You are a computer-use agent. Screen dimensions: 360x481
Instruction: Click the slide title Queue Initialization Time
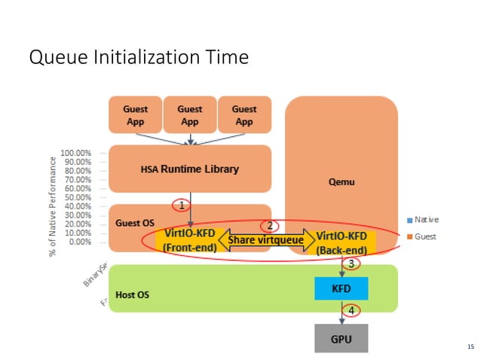pos(138,57)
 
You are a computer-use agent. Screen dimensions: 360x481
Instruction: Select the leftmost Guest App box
pos(135,115)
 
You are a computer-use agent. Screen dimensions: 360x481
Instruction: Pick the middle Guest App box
pos(189,115)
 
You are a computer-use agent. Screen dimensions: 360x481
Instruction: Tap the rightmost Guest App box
pos(244,115)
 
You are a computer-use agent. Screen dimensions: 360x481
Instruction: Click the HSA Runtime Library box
pos(189,169)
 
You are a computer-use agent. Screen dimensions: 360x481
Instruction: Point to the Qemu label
pos(342,182)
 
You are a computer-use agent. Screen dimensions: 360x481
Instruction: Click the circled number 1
pos(180,204)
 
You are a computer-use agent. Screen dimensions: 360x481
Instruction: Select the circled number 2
pos(268,224)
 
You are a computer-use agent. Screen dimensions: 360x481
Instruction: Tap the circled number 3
pos(350,263)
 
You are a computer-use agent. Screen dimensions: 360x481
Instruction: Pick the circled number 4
pos(350,310)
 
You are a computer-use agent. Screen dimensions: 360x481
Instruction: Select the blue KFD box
pos(342,288)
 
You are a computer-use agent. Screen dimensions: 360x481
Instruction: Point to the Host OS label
pos(132,294)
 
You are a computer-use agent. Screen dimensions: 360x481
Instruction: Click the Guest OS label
pos(134,223)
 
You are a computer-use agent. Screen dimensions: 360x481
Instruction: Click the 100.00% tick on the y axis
pos(76,152)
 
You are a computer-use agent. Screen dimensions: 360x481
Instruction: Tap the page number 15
pos(471,346)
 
